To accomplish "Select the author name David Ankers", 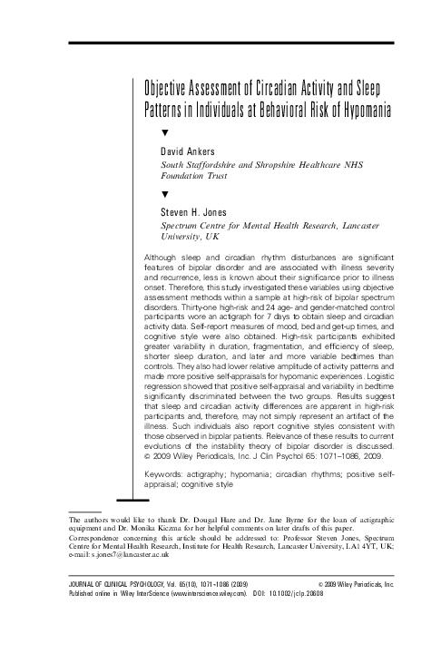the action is coord(187,151).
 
